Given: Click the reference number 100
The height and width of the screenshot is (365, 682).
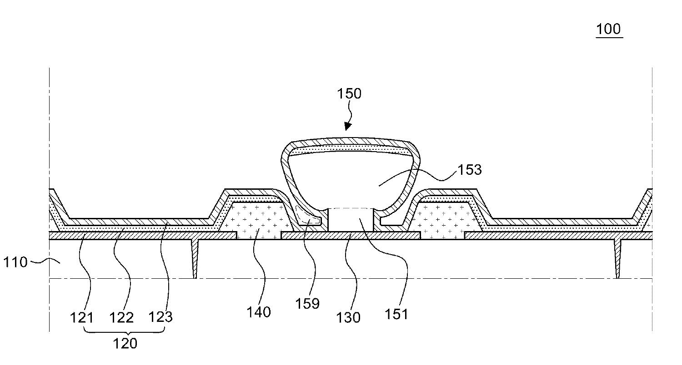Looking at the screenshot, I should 608,29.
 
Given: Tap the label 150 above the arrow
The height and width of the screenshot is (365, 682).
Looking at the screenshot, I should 349,94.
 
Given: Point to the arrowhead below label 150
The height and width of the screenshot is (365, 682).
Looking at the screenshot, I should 348,126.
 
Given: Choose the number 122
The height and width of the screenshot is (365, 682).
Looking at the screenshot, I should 122,317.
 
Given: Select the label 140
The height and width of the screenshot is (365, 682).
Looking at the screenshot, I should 258,312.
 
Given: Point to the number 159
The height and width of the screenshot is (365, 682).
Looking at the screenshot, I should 307,303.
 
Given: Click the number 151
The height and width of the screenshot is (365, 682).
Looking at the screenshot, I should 396,314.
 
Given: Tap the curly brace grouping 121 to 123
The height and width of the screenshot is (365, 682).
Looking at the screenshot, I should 125,330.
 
